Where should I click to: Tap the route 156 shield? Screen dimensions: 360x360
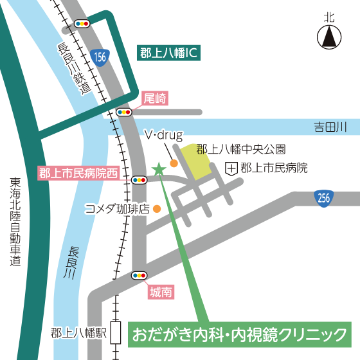coord(98,57)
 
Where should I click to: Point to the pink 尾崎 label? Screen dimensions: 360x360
coord(154,98)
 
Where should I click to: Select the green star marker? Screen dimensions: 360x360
coord(157,169)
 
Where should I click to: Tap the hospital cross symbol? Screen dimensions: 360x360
coord(231,168)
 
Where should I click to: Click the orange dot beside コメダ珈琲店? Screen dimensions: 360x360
coord(156,208)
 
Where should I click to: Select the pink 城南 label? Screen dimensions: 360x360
coord(160,292)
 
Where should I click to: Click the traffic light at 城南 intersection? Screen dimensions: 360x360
coord(138,276)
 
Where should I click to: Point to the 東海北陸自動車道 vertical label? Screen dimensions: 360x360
coord(15,222)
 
